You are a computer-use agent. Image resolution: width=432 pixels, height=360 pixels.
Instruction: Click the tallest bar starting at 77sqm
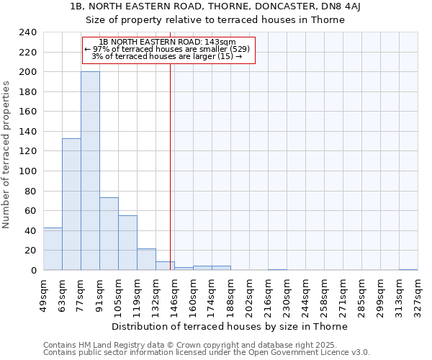point(90,171)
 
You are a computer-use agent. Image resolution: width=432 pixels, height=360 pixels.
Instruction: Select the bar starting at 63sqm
point(71,204)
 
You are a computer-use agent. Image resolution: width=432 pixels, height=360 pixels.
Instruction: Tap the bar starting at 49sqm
point(53,248)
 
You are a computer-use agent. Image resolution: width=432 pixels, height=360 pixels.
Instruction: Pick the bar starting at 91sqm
point(109,233)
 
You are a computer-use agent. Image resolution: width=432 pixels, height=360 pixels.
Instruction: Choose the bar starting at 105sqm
point(127,243)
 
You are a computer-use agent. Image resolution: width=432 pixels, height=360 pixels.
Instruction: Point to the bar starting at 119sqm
point(146,259)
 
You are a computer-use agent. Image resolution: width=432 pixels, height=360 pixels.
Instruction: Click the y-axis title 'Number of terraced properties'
point(6,154)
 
